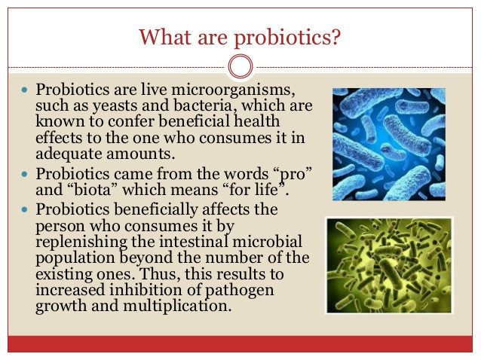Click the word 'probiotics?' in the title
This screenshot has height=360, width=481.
coord(287,38)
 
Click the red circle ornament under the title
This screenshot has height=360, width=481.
coord(240,66)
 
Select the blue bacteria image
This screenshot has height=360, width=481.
coord(389,145)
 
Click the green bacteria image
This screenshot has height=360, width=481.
coord(389,265)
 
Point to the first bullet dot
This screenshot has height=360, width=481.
coord(25,90)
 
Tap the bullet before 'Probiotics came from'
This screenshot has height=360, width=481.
coord(25,175)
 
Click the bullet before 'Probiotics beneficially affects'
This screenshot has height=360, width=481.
coord(25,210)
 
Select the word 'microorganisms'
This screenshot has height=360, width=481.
coord(231,90)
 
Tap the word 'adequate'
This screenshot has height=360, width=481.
coord(69,154)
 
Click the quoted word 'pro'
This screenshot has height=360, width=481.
coord(293,175)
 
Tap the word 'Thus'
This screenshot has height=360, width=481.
coord(160,273)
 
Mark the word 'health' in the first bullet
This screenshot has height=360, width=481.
coord(257,121)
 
